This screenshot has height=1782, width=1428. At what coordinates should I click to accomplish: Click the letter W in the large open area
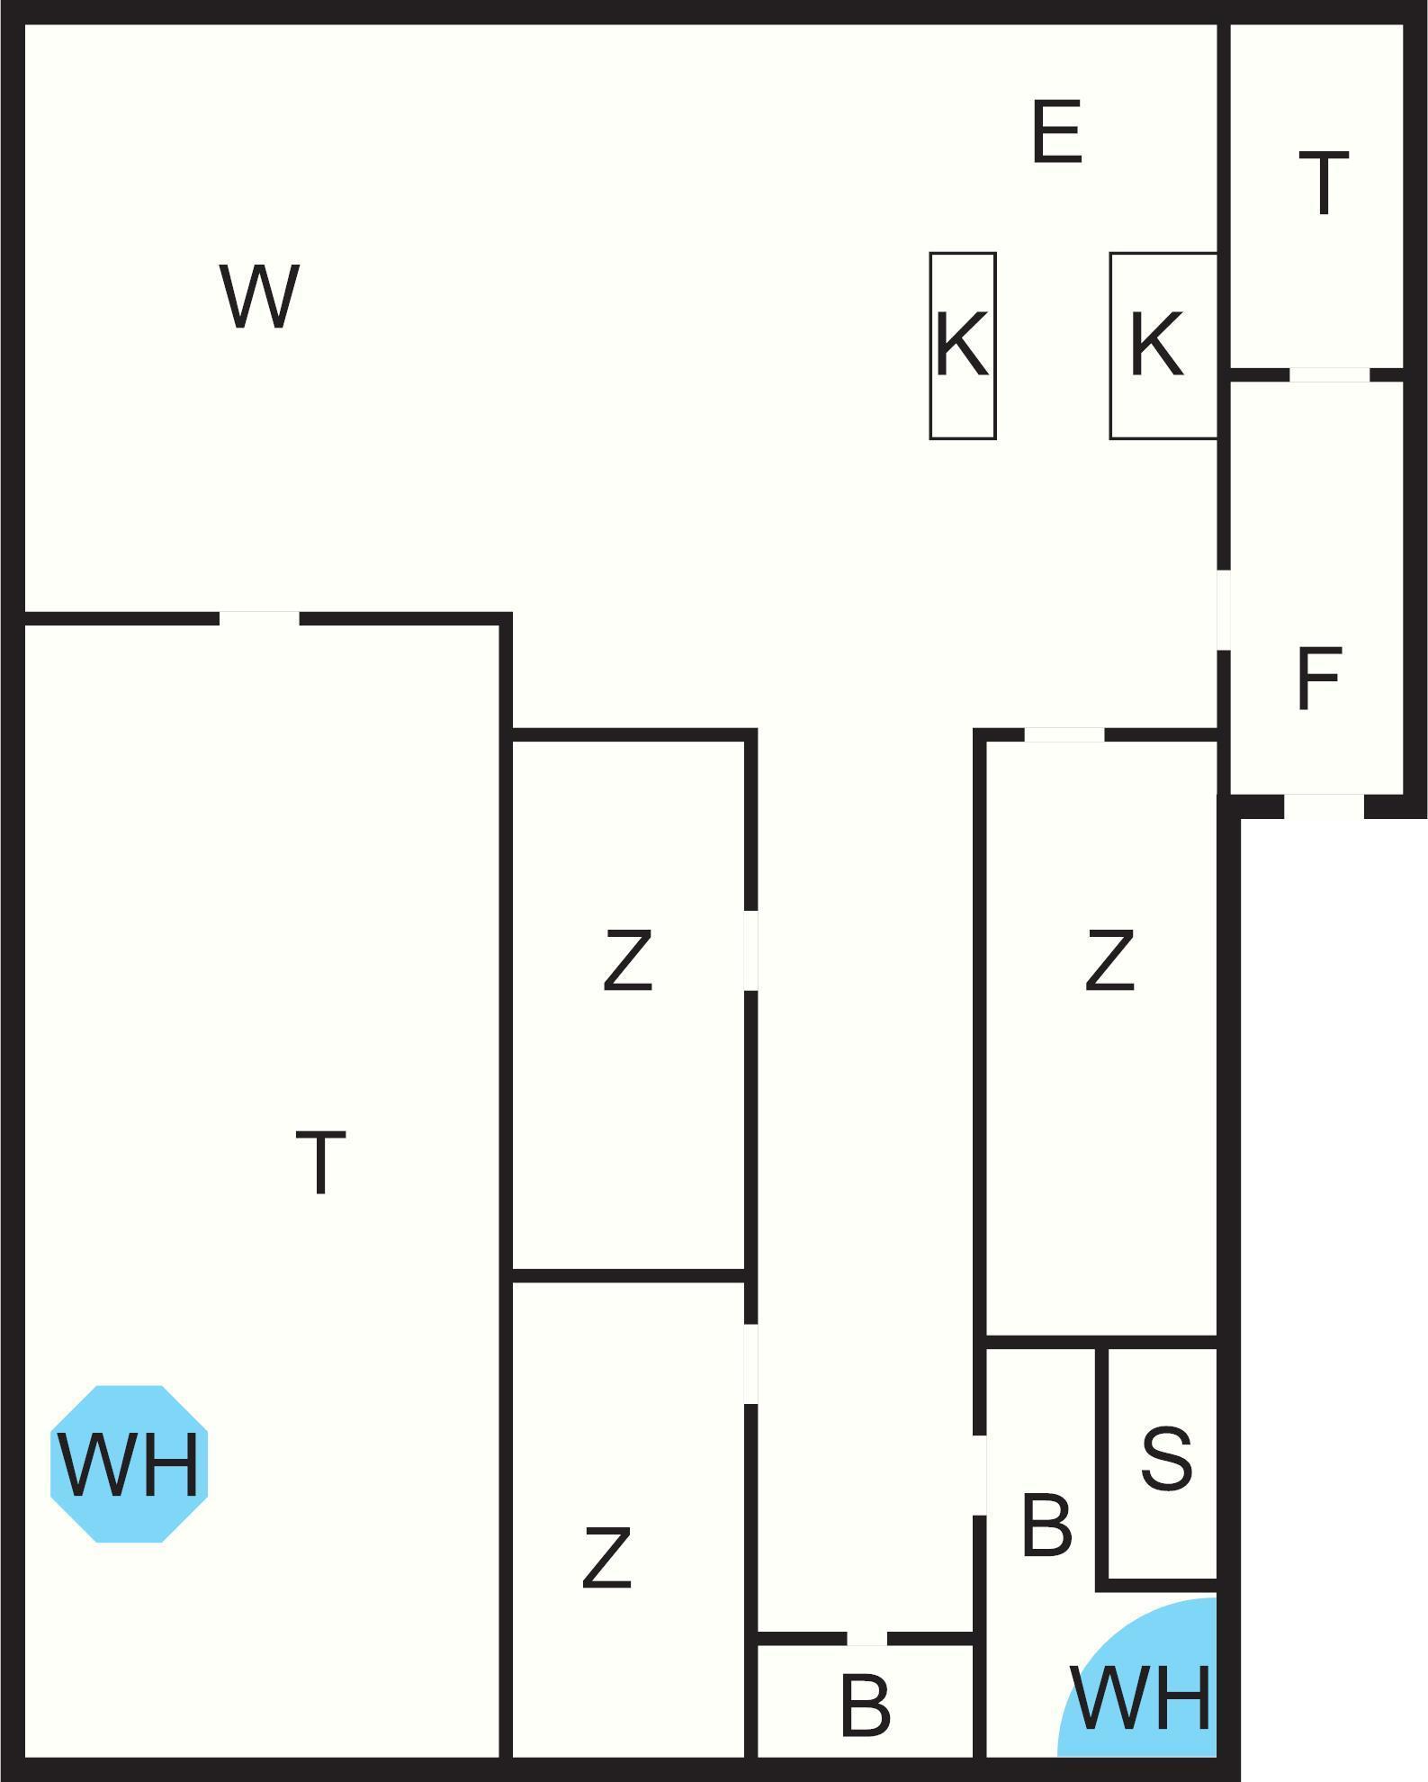pyautogui.click(x=259, y=297)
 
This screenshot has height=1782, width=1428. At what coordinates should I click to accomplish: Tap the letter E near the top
pyautogui.click(x=1056, y=132)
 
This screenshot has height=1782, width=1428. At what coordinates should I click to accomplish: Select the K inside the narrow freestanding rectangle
pyautogui.click(x=962, y=344)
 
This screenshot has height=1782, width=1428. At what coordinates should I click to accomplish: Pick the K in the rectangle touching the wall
pyautogui.click(x=1155, y=344)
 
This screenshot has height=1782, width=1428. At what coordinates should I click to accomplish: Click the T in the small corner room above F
pyautogui.click(x=1324, y=184)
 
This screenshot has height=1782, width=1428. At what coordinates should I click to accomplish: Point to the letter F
pyautogui.click(x=1319, y=679)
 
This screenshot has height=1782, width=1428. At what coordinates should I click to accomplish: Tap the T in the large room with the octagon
pyautogui.click(x=320, y=1163)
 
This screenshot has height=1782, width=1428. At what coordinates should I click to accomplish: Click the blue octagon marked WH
pyautogui.click(x=129, y=1464)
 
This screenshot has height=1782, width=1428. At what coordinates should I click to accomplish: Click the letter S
pyautogui.click(x=1166, y=1458)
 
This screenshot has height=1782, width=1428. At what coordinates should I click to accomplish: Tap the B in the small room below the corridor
pyautogui.click(x=865, y=1705)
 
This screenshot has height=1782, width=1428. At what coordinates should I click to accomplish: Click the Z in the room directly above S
pyautogui.click(x=1109, y=961)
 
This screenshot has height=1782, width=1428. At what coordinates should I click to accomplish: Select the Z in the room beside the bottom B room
pyautogui.click(x=606, y=1557)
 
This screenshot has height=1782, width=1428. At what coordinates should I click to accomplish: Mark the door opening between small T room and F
pyautogui.click(x=1329, y=374)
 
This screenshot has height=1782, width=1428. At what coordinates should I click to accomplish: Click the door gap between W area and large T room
pyautogui.click(x=259, y=618)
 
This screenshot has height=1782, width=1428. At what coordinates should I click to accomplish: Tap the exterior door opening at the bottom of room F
pyautogui.click(x=1324, y=805)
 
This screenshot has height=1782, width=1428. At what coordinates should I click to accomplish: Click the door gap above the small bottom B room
pyautogui.click(x=867, y=1638)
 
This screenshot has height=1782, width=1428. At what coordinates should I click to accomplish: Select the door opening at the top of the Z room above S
pyautogui.click(x=1064, y=735)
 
